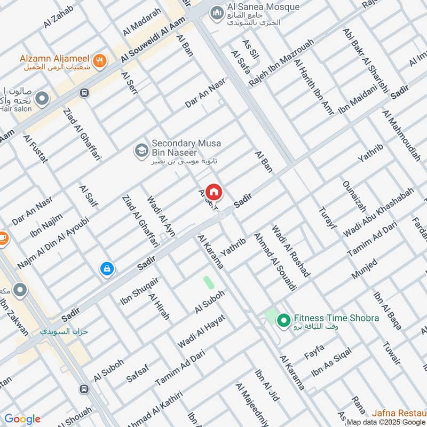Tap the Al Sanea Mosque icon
[x=216, y=12]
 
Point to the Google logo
[x=22, y=418]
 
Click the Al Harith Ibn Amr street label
[x=313, y=86]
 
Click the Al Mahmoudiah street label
[x=402, y=136]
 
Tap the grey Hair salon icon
[x=42, y=99]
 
